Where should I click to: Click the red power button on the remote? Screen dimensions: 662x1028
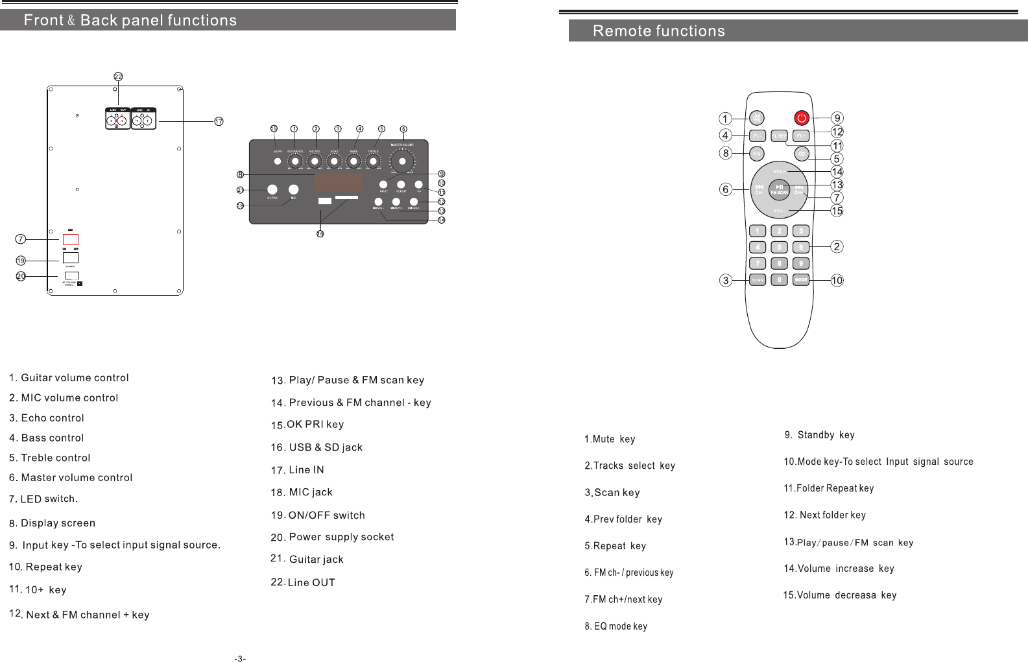(802, 118)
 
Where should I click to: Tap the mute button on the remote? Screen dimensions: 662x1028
(756, 119)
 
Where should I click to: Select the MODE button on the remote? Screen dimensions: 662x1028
(801, 280)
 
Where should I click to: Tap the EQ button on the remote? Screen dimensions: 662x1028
(756, 154)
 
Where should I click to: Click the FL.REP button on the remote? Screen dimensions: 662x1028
(779, 136)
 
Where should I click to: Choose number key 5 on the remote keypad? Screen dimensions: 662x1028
(779, 247)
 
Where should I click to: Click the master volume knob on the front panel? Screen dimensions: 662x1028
(403, 161)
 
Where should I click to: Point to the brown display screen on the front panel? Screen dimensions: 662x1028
(339, 181)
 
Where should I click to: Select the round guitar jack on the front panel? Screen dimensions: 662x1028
(271, 189)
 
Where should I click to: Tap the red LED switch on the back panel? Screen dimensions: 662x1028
(71, 239)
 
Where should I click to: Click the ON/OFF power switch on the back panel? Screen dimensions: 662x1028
(71, 257)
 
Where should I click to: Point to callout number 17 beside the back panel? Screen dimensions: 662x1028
(219, 121)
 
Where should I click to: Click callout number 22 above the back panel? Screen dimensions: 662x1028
(118, 77)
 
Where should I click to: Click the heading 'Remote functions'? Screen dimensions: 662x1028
(658, 31)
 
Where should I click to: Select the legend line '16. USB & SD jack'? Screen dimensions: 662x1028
(317, 447)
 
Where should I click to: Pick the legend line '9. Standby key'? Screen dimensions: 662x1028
(819, 435)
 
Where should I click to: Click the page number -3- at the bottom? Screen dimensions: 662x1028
(240, 659)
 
